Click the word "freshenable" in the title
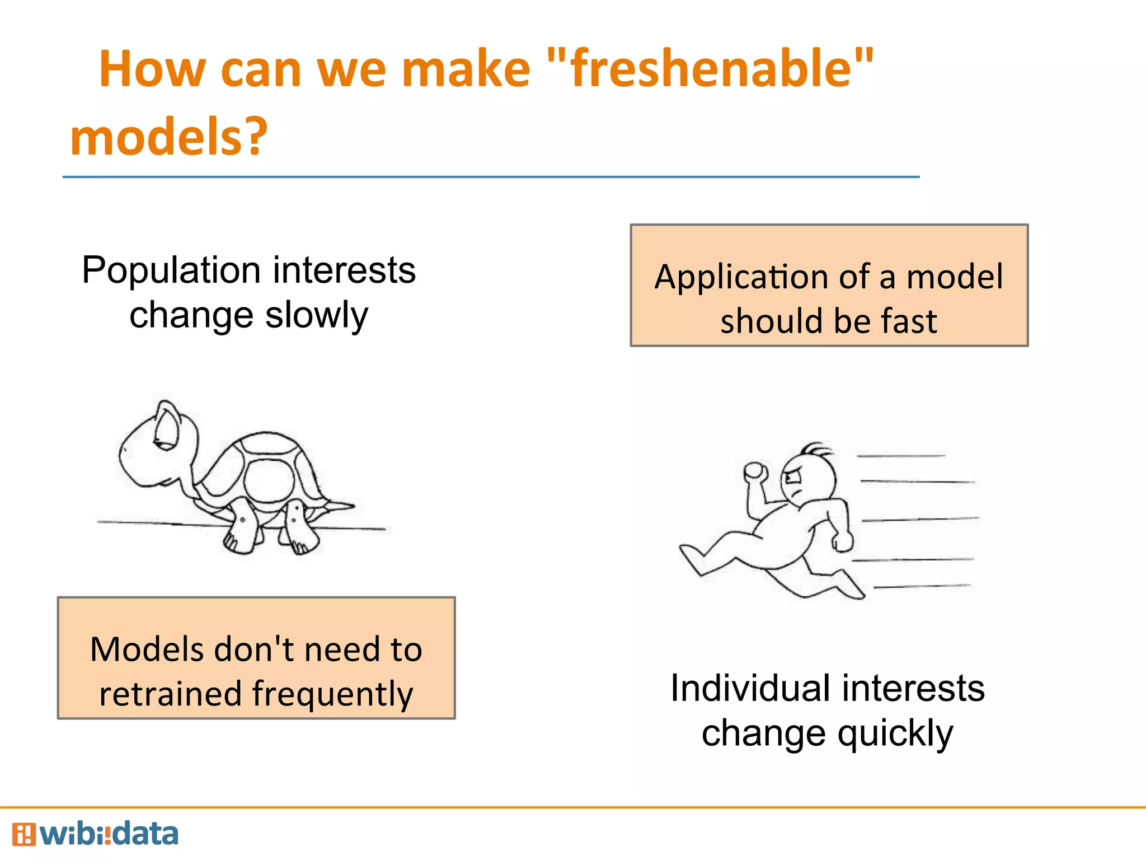point(711,70)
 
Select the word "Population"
point(171,271)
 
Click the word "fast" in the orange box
point(909,321)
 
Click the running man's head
point(806,476)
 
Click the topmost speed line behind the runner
point(901,456)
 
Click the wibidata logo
point(95,834)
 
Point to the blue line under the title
point(491,177)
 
